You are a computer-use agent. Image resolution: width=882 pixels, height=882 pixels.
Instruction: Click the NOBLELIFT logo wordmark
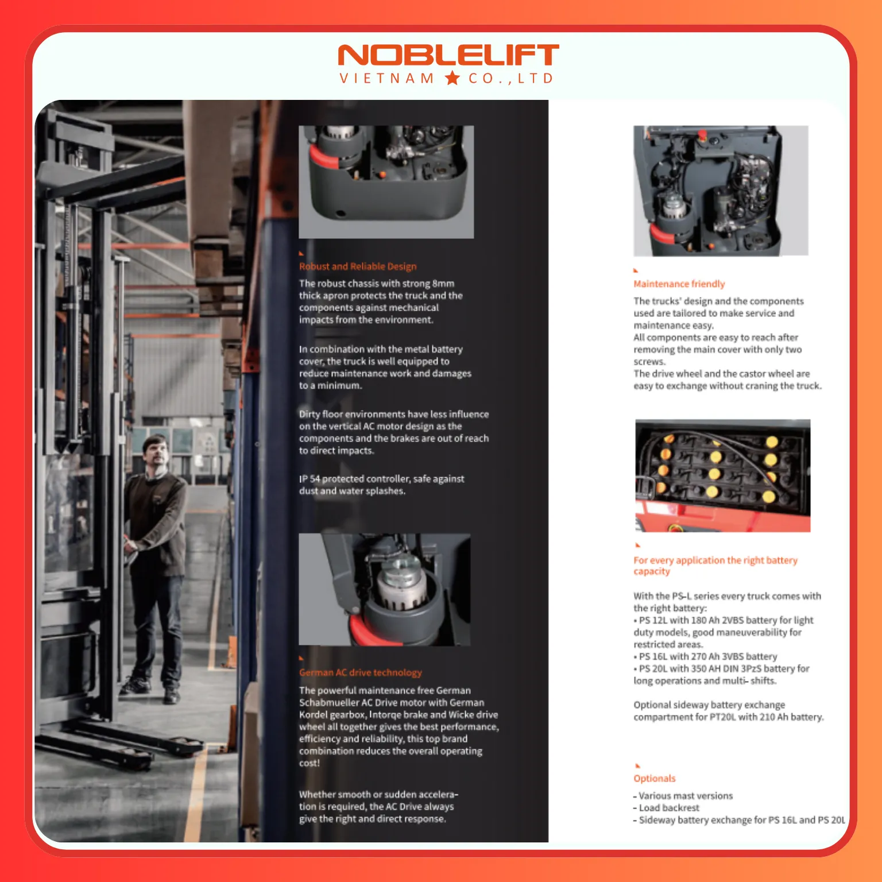pyautogui.click(x=448, y=56)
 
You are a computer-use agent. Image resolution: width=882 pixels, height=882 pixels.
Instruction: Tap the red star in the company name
pyautogui.click(x=452, y=78)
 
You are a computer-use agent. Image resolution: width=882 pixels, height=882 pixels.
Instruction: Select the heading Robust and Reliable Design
pyautogui.click(x=358, y=266)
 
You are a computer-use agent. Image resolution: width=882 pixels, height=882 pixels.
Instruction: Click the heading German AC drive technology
pyautogui.click(x=361, y=672)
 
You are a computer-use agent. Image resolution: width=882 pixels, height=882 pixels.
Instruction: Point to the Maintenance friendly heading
pyautogui.click(x=679, y=284)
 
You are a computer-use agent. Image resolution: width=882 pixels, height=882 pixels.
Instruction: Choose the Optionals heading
pyautogui.click(x=655, y=779)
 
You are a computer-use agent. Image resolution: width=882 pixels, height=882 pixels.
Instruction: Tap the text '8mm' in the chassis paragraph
pyautogui.click(x=443, y=284)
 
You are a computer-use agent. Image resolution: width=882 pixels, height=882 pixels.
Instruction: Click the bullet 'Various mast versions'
pyautogui.click(x=683, y=796)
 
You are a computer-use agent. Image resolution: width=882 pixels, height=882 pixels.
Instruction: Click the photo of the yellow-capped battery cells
pyautogui.click(x=722, y=475)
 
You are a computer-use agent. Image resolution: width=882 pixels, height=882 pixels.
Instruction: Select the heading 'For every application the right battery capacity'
pyautogui.click(x=715, y=566)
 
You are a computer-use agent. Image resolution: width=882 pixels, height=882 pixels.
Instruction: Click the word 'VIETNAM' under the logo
pyautogui.click(x=387, y=79)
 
